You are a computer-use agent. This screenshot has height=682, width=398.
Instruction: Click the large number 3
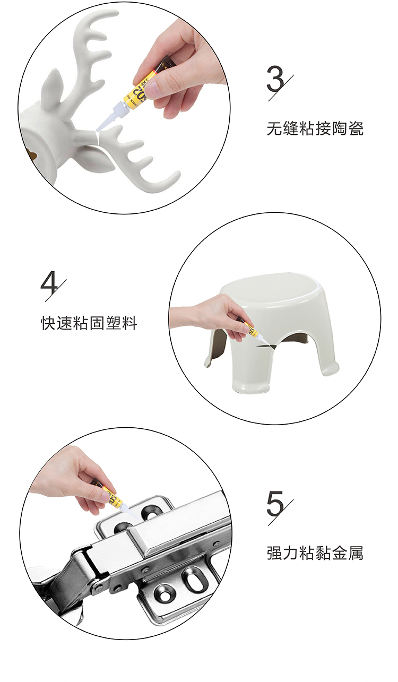[x=275, y=79]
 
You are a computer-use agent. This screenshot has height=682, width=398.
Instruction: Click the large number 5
[x=275, y=503]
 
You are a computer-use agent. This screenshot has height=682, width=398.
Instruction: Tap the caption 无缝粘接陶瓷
[x=315, y=128]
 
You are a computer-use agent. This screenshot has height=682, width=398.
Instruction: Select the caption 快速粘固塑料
[x=89, y=323]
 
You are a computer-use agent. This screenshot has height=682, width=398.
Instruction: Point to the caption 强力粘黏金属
[x=315, y=553]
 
